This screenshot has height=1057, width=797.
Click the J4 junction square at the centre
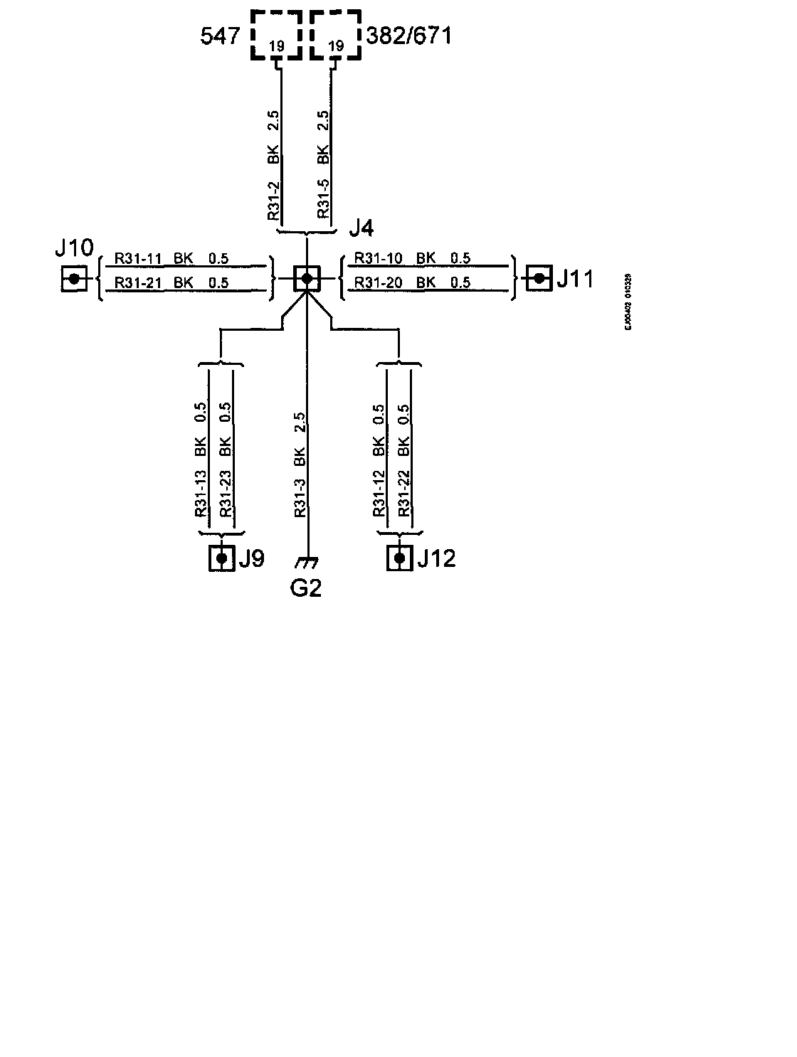coord(307,279)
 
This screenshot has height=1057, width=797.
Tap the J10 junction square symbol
coord(73,279)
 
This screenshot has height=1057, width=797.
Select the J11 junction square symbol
coord(539,278)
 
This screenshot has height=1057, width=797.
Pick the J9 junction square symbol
coord(221,558)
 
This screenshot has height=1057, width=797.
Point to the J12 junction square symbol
coord(400,558)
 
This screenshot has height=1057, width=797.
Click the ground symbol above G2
coord(306,563)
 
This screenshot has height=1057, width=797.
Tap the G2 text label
coord(306,588)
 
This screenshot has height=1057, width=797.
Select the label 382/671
coord(408,36)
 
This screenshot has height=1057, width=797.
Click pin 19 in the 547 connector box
coord(277,47)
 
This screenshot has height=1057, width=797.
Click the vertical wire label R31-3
coord(300,496)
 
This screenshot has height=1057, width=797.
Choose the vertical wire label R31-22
coord(404,493)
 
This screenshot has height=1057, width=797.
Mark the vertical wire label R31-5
coord(324,199)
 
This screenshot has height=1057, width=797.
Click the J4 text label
coord(361,228)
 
